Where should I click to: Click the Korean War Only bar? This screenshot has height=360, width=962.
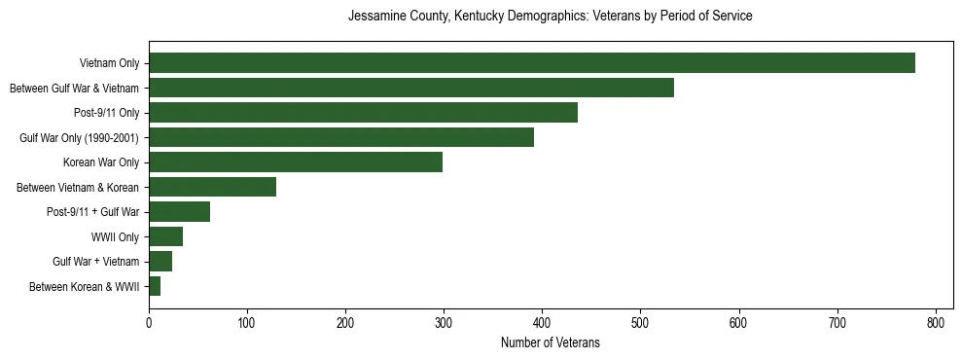(x=296, y=162)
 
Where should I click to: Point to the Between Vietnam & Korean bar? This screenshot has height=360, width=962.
(x=212, y=187)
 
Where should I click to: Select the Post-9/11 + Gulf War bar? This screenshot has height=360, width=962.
(x=179, y=212)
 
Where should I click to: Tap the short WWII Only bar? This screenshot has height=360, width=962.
(x=165, y=236)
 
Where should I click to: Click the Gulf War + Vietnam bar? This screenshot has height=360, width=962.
(x=160, y=262)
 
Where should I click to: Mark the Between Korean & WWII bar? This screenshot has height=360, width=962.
(x=155, y=286)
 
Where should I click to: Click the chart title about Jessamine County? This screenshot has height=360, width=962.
(x=550, y=17)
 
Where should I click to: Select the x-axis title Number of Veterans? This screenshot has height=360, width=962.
(x=550, y=343)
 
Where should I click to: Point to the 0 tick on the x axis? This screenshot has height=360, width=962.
(x=149, y=322)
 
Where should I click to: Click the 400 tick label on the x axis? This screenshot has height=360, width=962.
(x=542, y=322)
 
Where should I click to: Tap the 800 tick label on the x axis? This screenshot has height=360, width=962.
(x=936, y=322)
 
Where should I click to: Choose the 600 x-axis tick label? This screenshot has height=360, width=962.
(x=739, y=322)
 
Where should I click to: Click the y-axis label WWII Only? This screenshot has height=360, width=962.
(x=115, y=236)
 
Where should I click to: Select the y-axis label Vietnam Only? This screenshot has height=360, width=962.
(x=109, y=63)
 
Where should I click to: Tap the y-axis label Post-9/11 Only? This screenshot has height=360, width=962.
(x=106, y=113)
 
